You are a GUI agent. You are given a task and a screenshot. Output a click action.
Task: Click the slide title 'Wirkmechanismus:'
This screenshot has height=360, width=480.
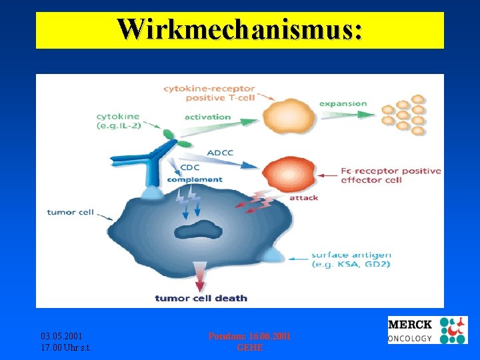click(240, 29)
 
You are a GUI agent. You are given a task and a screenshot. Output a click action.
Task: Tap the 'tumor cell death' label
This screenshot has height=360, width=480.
click(201, 298)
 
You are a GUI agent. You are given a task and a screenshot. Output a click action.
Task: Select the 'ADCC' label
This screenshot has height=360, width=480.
click(220, 153)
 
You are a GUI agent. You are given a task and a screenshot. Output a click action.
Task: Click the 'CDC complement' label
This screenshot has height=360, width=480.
click(194, 173)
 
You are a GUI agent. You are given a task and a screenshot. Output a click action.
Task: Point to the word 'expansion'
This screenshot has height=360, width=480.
click(343, 103)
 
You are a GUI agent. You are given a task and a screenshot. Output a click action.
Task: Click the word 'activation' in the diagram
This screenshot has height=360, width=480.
click(207, 117)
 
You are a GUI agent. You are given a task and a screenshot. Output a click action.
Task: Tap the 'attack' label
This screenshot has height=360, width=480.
click(303, 197)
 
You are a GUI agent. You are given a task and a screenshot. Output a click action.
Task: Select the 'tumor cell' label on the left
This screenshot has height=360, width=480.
click(69, 213)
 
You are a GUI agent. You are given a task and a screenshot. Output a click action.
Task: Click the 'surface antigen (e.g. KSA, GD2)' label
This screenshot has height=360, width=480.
click(351, 260)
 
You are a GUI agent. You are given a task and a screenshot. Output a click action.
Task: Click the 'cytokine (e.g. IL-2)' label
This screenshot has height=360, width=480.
click(118, 121)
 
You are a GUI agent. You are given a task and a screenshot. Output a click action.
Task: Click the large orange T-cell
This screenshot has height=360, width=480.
click(288, 116)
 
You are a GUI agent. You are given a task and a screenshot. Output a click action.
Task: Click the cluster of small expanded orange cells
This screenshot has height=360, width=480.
click(403, 115)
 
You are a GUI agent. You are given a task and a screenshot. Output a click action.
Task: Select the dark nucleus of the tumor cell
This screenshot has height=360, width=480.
click(199, 230)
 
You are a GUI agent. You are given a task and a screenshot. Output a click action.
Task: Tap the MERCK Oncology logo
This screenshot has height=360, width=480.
click(427, 330)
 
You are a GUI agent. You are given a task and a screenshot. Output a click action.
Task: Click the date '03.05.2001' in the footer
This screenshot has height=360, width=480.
click(61, 336)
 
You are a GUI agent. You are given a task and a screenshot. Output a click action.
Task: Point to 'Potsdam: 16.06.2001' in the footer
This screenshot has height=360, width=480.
click(249, 336)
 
